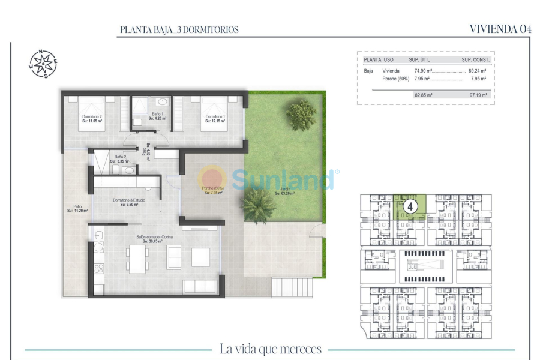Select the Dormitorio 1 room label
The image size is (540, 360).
[x=215, y=118]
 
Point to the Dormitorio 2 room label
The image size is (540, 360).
[x=92, y=118]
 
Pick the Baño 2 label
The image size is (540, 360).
[x=121, y=159]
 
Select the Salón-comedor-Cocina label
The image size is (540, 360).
[x=154, y=239]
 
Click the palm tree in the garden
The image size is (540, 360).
[x=259, y=204]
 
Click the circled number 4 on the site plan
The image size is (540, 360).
[x=411, y=206]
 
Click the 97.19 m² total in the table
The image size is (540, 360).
[x=478, y=95]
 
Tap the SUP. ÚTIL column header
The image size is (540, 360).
[x=421, y=60]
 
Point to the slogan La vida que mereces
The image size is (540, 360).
[x=271, y=349]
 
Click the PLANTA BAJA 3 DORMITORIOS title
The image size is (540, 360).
[x=179, y=29]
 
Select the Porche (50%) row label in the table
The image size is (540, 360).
[x=395, y=79]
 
